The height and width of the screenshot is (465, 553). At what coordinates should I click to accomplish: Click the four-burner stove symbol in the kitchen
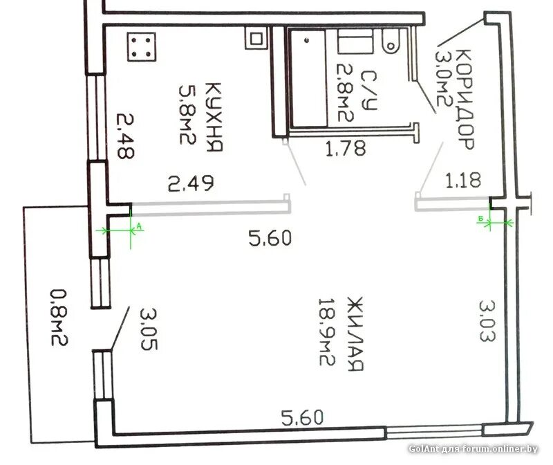coord(142,47)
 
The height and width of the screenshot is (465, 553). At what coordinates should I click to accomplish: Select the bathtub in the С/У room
coord(308,78)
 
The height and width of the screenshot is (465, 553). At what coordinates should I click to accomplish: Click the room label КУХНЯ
coord(214,117)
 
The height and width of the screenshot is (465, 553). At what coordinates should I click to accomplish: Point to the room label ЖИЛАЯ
coord(355,334)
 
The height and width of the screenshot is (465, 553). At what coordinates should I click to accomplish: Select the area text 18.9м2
coord(326,332)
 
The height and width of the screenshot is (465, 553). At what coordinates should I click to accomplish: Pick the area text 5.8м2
coord(187,114)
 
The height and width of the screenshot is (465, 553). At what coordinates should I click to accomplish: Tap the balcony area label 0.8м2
coord(59,318)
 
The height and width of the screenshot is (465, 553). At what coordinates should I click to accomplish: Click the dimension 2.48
coord(125,136)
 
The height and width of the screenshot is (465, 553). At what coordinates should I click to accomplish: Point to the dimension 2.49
coord(191,183)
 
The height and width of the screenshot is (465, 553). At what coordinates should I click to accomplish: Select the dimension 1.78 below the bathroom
coord(345,148)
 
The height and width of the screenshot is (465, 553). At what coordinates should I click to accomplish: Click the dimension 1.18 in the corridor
coord(463,180)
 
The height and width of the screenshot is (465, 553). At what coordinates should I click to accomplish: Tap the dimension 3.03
coord(487,321)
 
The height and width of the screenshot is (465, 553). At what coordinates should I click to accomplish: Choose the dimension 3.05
coord(149,329)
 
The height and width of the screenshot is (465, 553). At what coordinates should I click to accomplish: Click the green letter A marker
coord(139,226)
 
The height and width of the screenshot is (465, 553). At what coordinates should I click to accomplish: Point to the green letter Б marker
coord(480,219)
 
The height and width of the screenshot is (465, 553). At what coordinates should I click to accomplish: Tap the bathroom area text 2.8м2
coord(345,93)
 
